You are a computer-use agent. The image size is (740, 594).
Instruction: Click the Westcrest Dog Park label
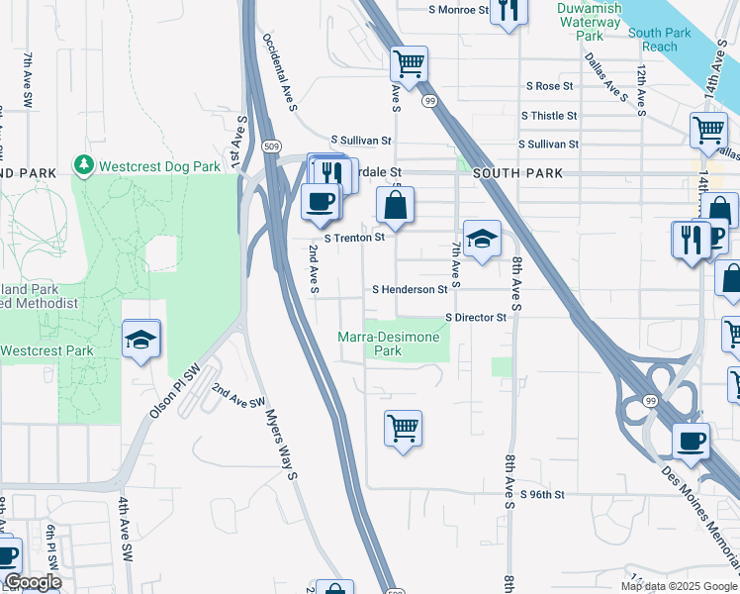pos(158,166)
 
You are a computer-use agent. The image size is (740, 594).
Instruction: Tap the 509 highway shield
pos(271,147)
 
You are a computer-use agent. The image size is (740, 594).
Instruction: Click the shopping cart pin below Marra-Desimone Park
pos(403,429)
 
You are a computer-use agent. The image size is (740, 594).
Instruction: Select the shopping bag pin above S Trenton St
pos(395,206)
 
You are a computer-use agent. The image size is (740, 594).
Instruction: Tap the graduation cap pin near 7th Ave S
pos(482,239)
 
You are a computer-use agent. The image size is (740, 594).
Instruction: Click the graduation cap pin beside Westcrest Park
pos(141,340)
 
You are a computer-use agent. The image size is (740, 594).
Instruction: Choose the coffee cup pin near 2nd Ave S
pos(320,203)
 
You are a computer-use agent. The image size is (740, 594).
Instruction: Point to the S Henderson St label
pos(410,290)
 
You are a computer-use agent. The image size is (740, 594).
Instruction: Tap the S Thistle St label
pos(551,116)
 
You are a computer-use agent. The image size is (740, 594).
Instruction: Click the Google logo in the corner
pos(33,583)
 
